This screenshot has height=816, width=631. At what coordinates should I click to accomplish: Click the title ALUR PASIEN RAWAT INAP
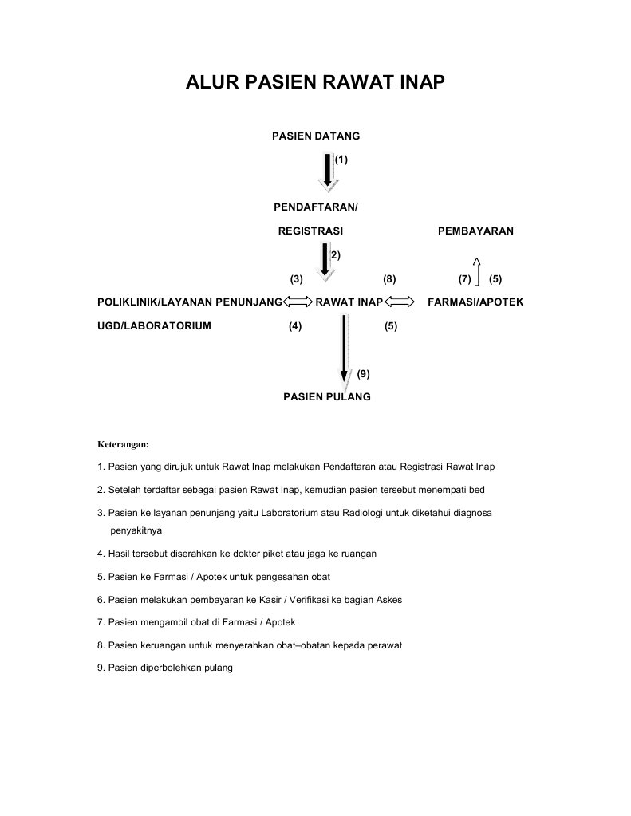(315, 83)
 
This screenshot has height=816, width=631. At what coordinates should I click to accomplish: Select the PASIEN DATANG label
(316, 136)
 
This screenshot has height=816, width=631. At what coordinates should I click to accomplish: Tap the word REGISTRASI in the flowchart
(310, 231)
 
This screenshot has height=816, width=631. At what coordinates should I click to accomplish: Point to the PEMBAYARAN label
(475, 231)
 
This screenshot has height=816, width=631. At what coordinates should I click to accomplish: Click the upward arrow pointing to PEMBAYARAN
(475, 271)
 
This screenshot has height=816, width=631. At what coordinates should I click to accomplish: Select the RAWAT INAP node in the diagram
(349, 302)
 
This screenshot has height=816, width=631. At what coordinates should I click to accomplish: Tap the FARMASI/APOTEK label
(475, 302)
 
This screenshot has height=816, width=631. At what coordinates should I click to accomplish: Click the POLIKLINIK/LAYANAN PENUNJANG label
(190, 302)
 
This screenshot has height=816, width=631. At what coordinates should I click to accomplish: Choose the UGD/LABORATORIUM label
(154, 326)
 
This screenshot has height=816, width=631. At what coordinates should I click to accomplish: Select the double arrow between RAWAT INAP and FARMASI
(399, 302)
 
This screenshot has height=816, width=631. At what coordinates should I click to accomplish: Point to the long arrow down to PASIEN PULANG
(345, 347)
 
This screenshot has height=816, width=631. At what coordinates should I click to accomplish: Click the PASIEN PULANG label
(327, 396)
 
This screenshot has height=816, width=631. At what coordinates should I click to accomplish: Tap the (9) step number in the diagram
(363, 373)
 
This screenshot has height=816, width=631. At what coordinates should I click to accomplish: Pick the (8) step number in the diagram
(389, 279)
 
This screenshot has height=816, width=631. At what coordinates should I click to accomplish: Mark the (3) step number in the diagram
(296, 279)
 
